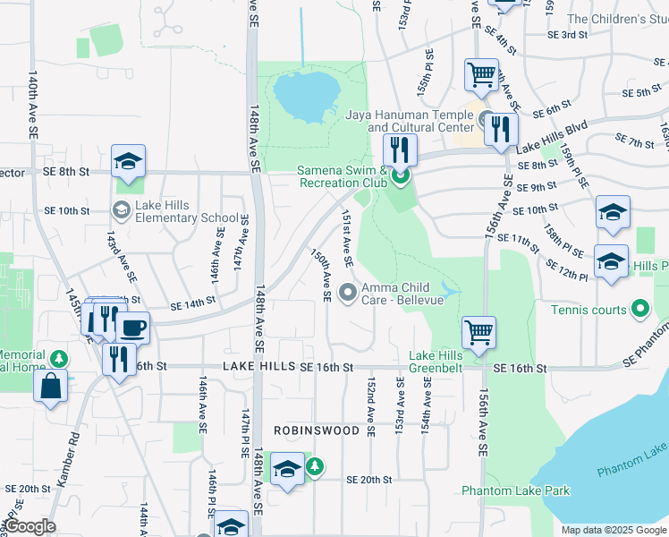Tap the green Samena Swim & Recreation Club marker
[400, 177]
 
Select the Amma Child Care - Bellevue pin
[349, 289]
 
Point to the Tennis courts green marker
[639, 310]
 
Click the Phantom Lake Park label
[515, 490]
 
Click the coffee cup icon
[133, 328]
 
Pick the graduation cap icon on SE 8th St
[128, 161]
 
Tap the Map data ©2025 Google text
[614, 530]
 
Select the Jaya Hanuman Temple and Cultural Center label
[410, 121]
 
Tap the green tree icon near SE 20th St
[314, 466]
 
